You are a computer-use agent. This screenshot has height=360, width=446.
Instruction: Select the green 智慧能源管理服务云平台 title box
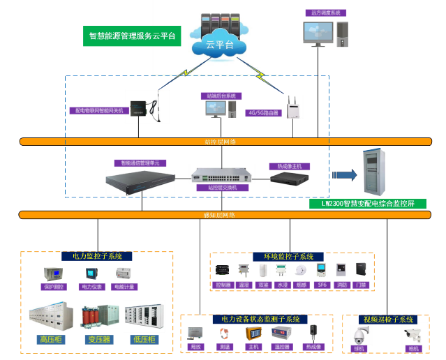(x=132, y=35)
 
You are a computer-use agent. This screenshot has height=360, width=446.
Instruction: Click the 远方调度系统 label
(x=326, y=13)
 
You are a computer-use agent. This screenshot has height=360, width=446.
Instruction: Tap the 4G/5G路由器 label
(x=263, y=112)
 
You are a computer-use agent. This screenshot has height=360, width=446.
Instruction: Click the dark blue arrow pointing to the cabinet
(x=343, y=175)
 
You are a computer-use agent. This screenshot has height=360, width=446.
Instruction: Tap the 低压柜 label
(x=144, y=340)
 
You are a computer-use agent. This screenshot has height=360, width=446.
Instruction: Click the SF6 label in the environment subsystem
(x=322, y=285)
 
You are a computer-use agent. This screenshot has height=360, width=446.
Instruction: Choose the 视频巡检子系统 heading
(x=386, y=319)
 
